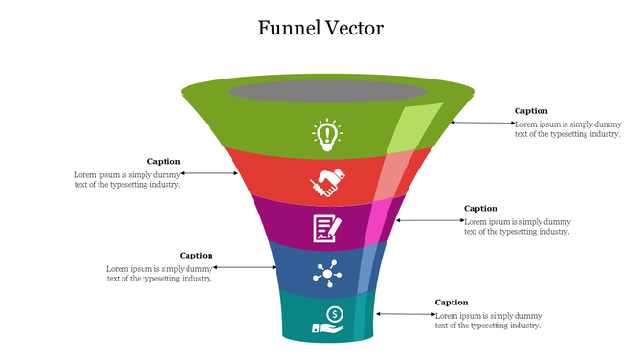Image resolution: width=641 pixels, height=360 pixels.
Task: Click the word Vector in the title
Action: pyautogui.click(x=355, y=28)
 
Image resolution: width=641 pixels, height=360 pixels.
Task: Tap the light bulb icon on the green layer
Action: pyautogui.click(x=327, y=134)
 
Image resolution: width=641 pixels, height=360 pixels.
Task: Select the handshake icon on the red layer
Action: pyautogui.click(x=326, y=182)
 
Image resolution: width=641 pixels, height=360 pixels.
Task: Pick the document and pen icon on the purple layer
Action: pyautogui.click(x=327, y=228)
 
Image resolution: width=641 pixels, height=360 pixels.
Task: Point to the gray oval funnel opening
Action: pyautogui.click(x=327, y=92)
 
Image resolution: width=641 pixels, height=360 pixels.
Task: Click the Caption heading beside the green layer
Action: pyautogui.click(x=531, y=111)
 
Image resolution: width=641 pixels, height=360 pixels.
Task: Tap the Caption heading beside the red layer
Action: pyautogui.click(x=164, y=162)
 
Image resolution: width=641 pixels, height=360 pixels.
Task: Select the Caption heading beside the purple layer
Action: pyautogui.click(x=480, y=208)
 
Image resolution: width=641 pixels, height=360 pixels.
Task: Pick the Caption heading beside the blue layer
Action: pyautogui.click(x=196, y=256)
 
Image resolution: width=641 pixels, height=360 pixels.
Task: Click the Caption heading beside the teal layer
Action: pyautogui.click(x=452, y=303)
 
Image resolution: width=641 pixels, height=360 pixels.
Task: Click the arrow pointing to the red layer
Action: pyautogui.click(x=210, y=173)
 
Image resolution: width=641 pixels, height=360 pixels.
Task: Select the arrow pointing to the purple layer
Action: pyautogui.click(x=429, y=220)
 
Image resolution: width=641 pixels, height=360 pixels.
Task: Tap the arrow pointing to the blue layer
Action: pyautogui.click(x=245, y=267)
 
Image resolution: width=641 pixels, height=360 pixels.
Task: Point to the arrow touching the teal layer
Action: pyautogui.click(x=404, y=313)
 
